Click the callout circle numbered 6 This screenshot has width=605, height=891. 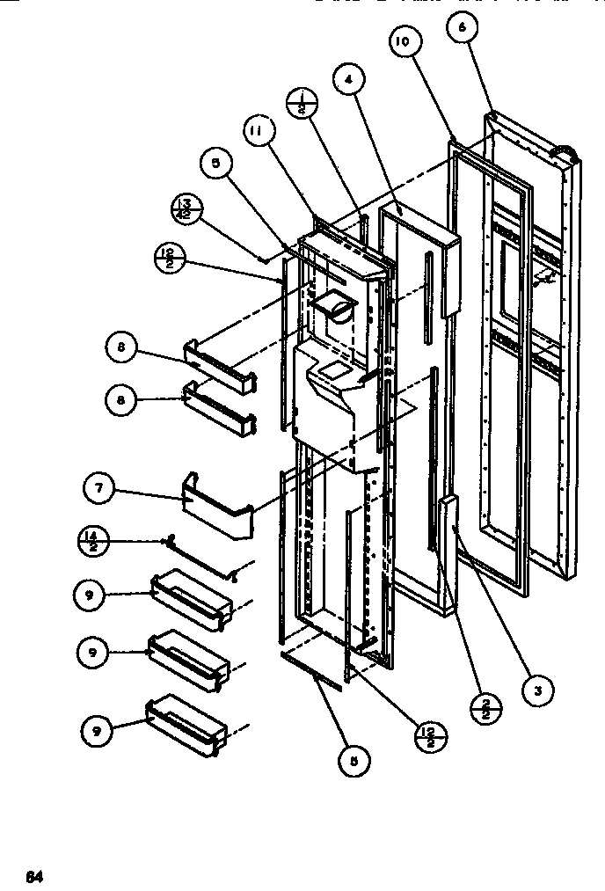coord(463,28)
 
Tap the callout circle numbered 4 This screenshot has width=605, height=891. coord(348,79)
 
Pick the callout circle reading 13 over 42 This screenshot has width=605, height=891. coord(188,210)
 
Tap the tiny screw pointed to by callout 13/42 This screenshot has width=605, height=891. coord(263,259)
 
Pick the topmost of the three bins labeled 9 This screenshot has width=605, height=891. coord(192,597)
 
